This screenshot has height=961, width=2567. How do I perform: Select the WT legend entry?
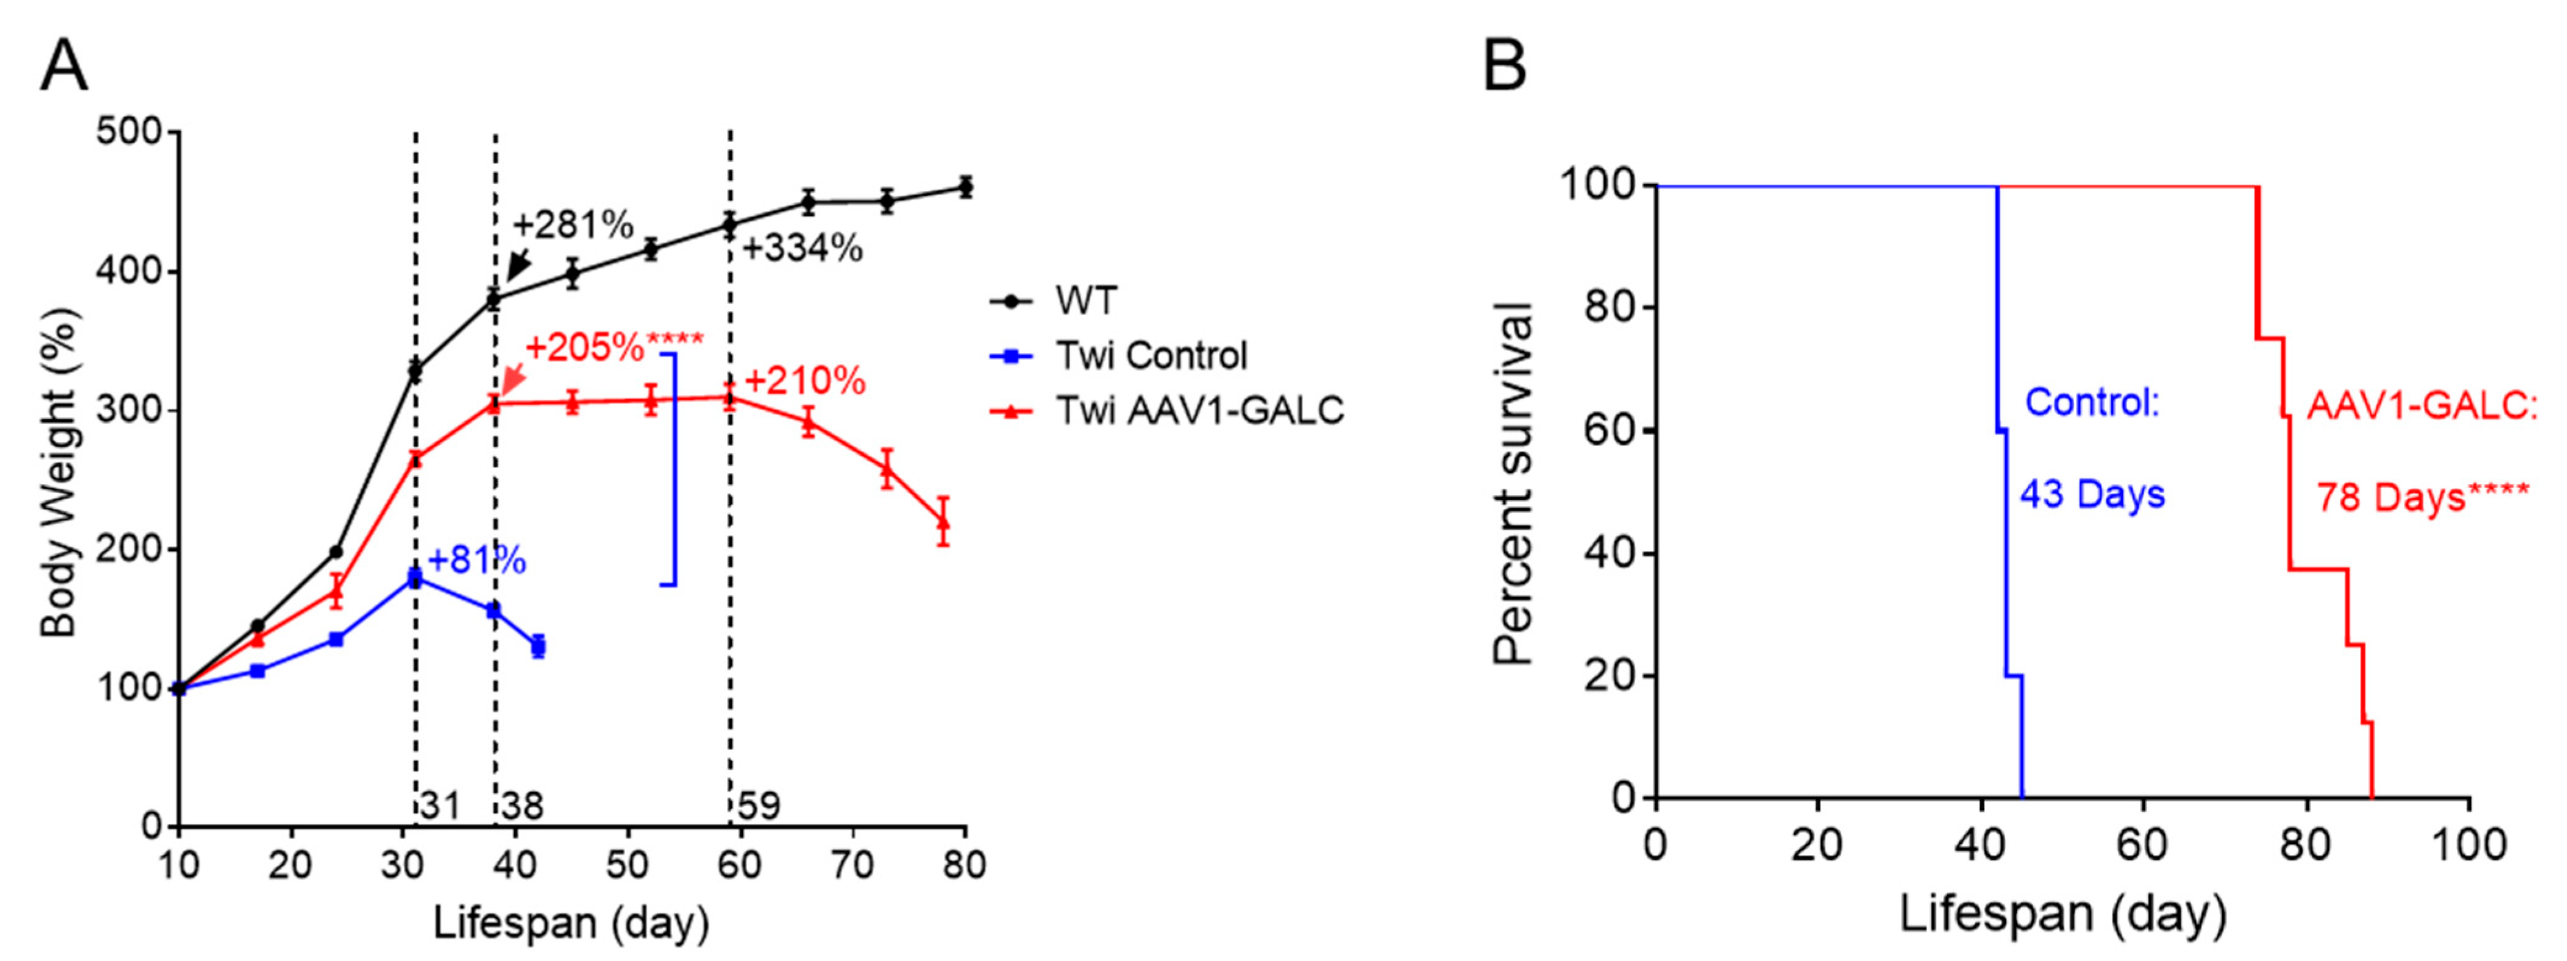[1086, 300]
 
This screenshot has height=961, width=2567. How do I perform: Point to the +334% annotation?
[802, 248]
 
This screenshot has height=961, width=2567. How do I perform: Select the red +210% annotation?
[805, 381]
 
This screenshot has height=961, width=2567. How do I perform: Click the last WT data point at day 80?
[965, 188]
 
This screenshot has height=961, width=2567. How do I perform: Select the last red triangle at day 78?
[943, 521]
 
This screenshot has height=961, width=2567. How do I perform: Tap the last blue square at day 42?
[538, 646]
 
